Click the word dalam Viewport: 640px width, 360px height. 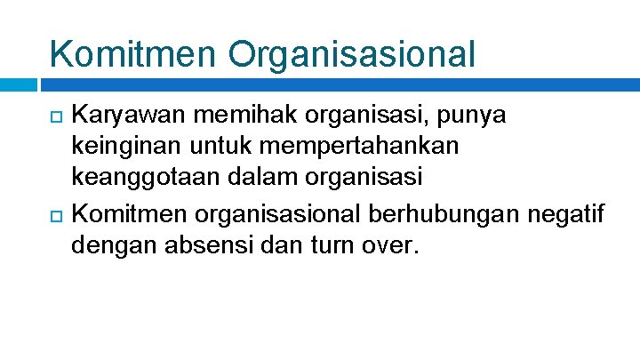260,179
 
